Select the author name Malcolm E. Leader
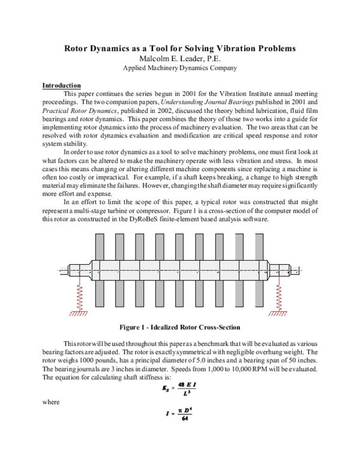179,58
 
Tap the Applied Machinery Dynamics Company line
179,68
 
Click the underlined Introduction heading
61,85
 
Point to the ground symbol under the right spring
279,313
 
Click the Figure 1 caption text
179,327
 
